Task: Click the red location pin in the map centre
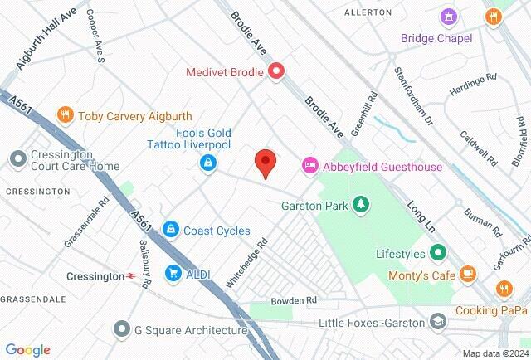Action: [265, 162]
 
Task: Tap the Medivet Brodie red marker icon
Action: [275, 72]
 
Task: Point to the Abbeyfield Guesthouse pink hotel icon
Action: [309, 167]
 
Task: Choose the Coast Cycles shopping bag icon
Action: [170, 228]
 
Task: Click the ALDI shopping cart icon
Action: [173, 272]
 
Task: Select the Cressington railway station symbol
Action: [131, 276]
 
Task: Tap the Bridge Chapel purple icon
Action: [450, 17]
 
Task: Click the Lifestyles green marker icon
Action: [437, 253]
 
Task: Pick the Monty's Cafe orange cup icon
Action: [469, 272]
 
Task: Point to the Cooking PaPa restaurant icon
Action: [503, 289]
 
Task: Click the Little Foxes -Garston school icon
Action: [437, 322]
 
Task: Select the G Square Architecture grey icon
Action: [122, 329]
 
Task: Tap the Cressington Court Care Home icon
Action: [16, 158]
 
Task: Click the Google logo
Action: [27, 350]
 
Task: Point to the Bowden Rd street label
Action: [295, 299]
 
